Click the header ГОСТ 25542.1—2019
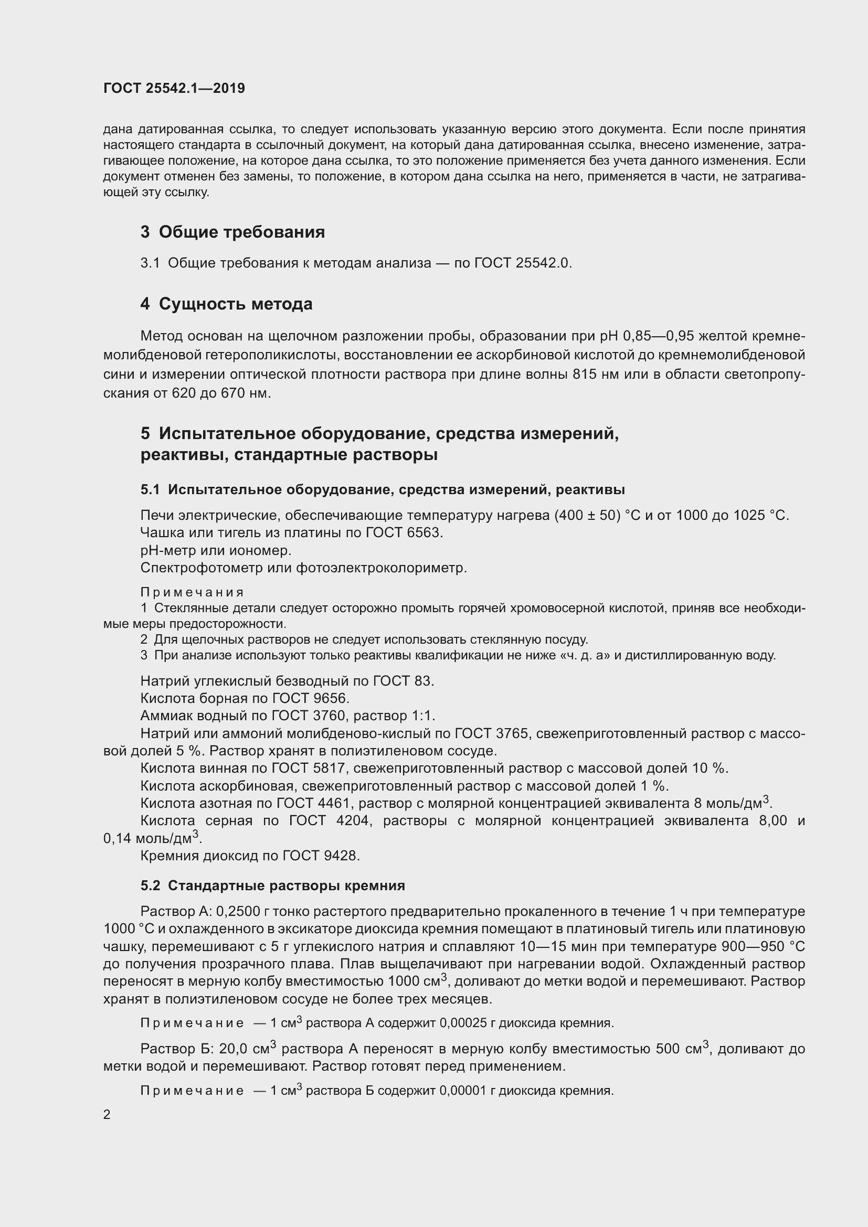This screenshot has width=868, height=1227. point(174,88)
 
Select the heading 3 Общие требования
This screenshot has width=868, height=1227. point(232,232)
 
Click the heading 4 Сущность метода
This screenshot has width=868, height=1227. point(226,304)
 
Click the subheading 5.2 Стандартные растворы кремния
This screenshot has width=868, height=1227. point(272,885)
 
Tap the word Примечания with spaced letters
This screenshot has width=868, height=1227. point(192,592)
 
